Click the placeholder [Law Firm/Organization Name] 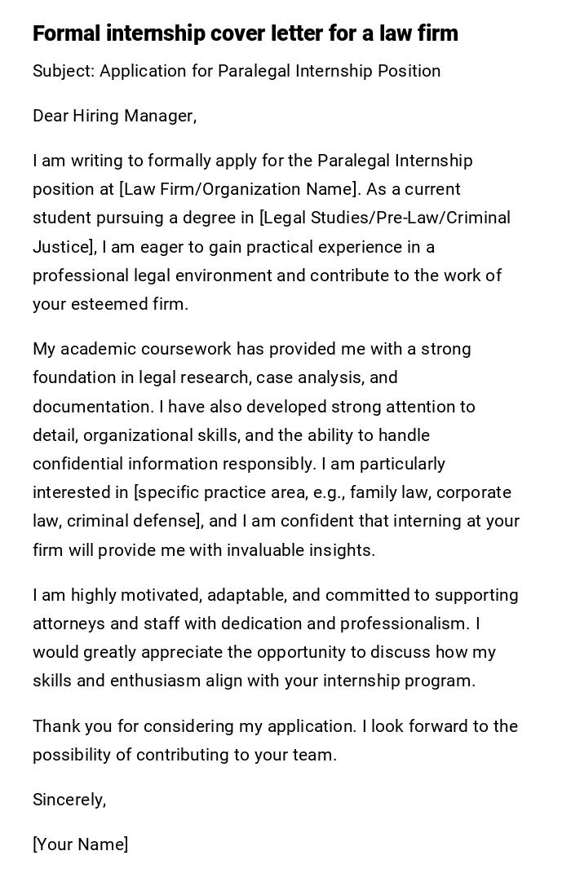point(239,189)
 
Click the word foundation point(73,377)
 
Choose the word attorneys point(69,624)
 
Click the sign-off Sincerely point(69,800)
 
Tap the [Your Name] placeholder point(81,844)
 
